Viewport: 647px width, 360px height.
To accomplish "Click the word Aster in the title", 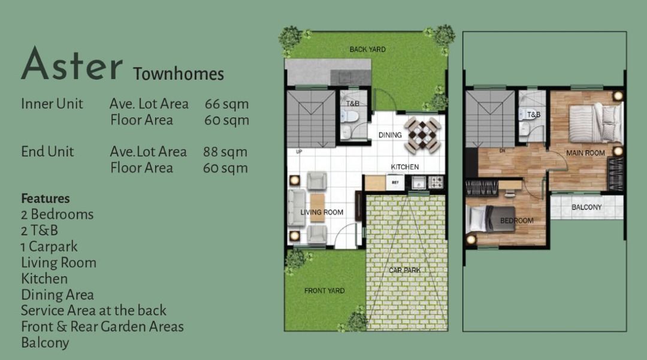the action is point(72,64).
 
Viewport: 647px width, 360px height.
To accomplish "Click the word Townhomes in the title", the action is point(179,74).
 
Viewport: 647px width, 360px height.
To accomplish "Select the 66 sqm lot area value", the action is point(226,104).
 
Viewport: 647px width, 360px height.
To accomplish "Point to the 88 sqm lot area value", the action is point(225,152).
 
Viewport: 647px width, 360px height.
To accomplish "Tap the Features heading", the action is point(46,198).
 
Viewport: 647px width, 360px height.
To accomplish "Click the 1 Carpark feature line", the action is point(49,247).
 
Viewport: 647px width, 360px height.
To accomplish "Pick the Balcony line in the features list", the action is point(45,343).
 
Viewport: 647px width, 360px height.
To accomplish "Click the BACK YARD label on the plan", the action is point(368,50).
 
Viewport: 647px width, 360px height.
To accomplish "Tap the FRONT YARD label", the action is point(324,291).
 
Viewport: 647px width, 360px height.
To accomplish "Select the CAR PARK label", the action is point(405,270).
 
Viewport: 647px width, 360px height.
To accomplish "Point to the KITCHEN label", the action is point(405,167).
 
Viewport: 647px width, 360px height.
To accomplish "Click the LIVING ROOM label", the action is point(322,213).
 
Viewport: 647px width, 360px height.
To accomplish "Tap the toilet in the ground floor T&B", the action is point(350,116).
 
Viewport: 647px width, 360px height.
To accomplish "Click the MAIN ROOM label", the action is point(585,153).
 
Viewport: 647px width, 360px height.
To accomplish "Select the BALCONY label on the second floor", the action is point(586,207).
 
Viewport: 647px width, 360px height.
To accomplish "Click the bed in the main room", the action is point(594,122).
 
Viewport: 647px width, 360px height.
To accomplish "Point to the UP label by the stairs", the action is point(299,152).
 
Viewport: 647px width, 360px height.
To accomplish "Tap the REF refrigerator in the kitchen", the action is point(395,182).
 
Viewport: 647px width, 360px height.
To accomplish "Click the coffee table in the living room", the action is point(318,208).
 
